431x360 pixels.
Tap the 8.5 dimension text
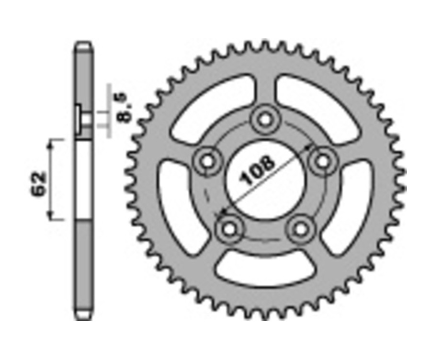click(x=123, y=109)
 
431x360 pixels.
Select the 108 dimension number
click(x=259, y=170)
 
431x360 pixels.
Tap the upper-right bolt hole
click(x=321, y=161)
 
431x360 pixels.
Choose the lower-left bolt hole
click(x=229, y=228)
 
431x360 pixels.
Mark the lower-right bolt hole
click(x=300, y=228)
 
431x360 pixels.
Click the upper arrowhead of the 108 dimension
click(x=309, y=147)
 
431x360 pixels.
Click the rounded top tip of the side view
click(x=83, y=46)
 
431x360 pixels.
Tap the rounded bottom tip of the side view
click(x=83, y=316)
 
